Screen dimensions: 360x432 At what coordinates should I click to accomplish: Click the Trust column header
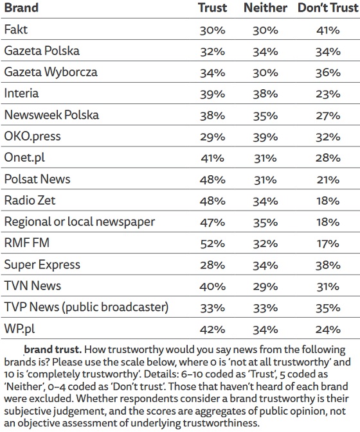pyautogui.click(x=212, y=8)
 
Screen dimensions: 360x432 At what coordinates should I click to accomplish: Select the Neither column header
pyautogui.click(x=265, y=8)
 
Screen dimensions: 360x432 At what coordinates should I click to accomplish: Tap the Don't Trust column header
pyautogui.click(x=328, y=8)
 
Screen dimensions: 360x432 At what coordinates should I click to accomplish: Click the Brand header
pyautogui.click(x=21, y=8)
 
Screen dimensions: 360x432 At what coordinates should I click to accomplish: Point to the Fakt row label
pyautogui.click(x=16, y=30)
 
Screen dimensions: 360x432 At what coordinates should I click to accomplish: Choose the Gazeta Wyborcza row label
pyautogui.click(x=51, y=72)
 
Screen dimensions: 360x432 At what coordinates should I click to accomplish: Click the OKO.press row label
pyautogui.click(x=32, y=136)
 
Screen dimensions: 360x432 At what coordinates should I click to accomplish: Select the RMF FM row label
pyautogui.click(x=27, y=243)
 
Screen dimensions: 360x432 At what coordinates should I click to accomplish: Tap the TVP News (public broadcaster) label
pyautogui.click(x=86, y=307)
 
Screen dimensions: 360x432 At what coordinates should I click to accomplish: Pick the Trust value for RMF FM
pyautogui.click(x=212, y=244)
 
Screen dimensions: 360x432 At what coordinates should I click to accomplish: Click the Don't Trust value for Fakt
pyautogui.click(x=328, y=30)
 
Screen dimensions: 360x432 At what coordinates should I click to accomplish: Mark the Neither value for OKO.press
pyautogui.click(x=265, y=137)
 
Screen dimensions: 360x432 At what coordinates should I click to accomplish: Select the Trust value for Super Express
pyautogui.click(x=212, y=265)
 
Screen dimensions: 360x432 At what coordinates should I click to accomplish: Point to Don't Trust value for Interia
pyautogui.click(x=328, y=94)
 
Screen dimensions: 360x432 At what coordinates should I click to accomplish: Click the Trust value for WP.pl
pyautogui.click(x=212, y=329)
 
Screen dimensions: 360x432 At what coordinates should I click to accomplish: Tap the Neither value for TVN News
pyautogui.click(x=265, y=287)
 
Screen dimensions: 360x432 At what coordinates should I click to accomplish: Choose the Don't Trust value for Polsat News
pyautogui.click(x=328, y=180)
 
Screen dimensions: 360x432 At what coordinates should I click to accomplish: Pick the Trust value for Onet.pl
pyautogui.click(x=212, y=159)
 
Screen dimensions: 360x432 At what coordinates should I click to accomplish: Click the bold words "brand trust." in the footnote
pyautogui.click(x=53, y=350)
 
